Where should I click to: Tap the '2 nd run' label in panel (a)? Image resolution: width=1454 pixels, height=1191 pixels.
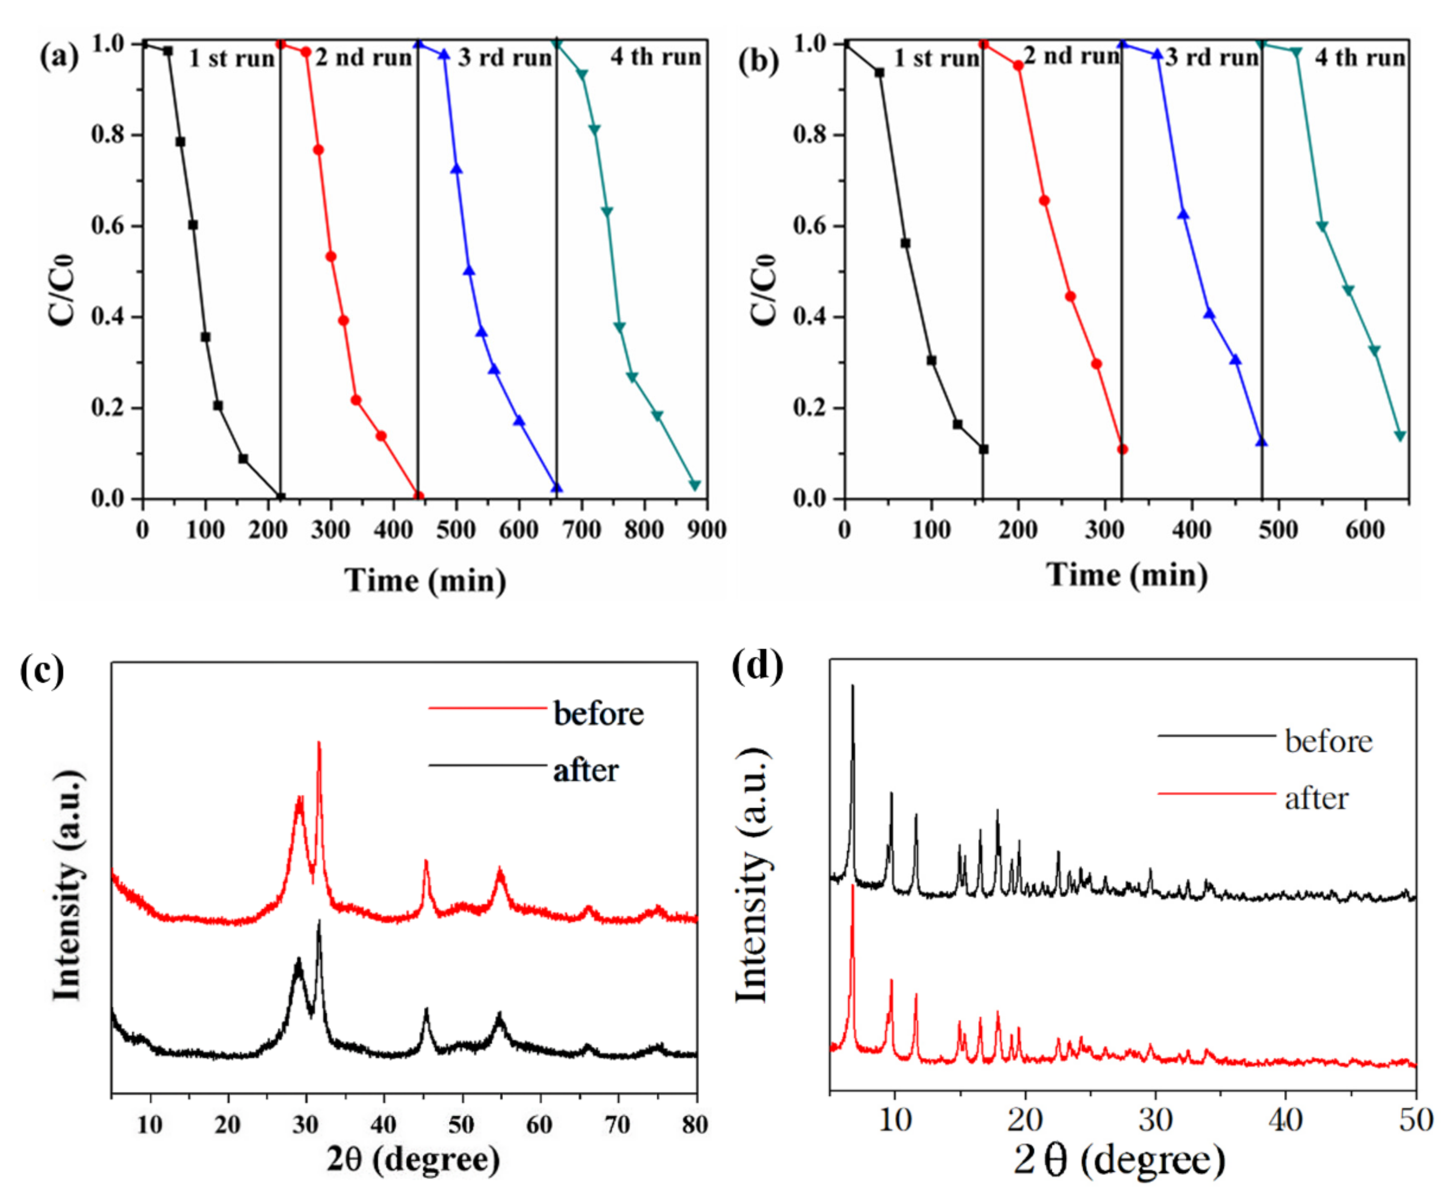[363, 58]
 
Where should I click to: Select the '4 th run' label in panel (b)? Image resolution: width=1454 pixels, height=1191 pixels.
[1360, 58]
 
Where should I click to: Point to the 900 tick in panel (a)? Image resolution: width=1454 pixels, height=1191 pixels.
[707, 530]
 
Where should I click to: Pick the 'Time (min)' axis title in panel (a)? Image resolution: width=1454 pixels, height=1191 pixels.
[426, 581]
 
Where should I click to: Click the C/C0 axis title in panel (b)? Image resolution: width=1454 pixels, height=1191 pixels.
[763, 288]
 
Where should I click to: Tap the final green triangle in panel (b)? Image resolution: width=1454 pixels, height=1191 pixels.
[1400, 436]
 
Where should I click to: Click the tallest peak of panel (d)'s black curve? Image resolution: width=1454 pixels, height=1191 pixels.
[852, 686]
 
